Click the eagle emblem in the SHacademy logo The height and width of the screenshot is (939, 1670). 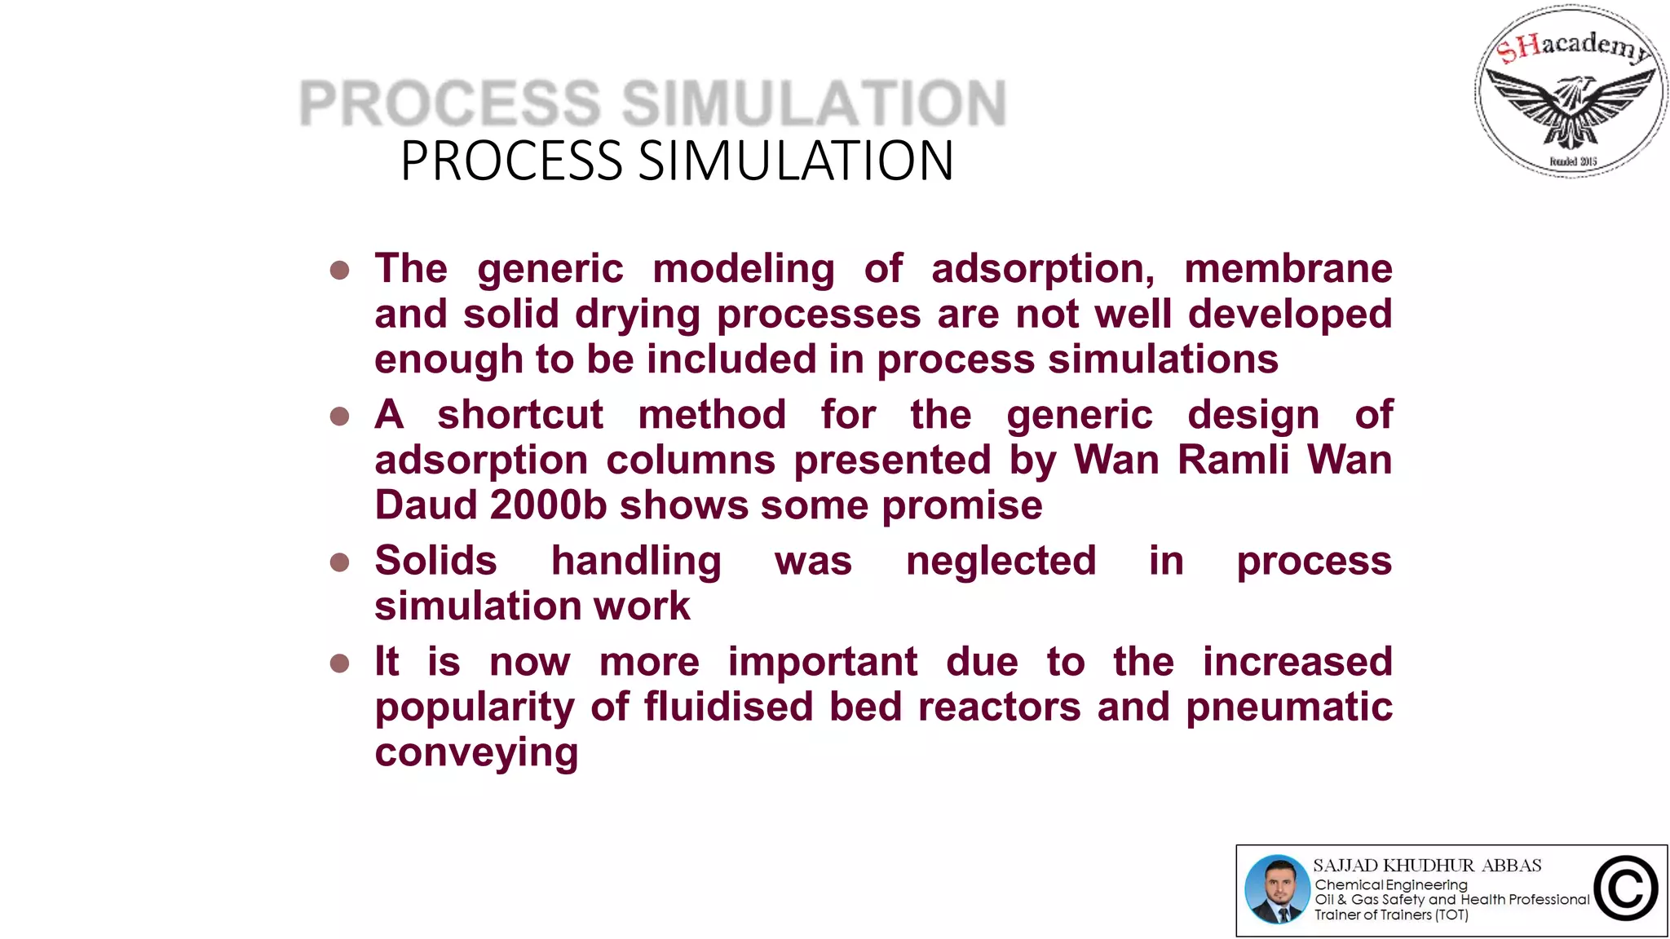1571,106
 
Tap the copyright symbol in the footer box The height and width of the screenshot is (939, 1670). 1625,889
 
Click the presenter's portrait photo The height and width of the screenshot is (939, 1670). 1277,889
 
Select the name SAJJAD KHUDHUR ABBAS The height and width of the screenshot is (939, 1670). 1427,866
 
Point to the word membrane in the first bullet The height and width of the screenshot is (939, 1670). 1288,269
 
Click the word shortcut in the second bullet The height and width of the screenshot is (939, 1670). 520,415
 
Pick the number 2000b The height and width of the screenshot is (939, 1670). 549,505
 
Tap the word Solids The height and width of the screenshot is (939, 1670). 435,561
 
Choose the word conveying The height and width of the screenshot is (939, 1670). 476,753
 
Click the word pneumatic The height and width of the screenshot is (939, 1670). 1288,708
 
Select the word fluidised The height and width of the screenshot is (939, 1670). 728,707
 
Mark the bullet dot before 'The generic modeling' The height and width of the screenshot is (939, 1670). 339,270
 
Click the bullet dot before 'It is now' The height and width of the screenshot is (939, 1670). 339,663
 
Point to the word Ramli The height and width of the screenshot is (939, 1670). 1232,460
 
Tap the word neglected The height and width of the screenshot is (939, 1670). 1001,561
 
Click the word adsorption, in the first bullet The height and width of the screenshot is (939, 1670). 1043,270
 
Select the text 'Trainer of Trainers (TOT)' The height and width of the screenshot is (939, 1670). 1391,915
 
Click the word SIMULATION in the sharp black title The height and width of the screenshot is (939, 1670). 796,161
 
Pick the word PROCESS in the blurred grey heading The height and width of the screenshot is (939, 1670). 450,104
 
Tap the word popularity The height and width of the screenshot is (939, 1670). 475,708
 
